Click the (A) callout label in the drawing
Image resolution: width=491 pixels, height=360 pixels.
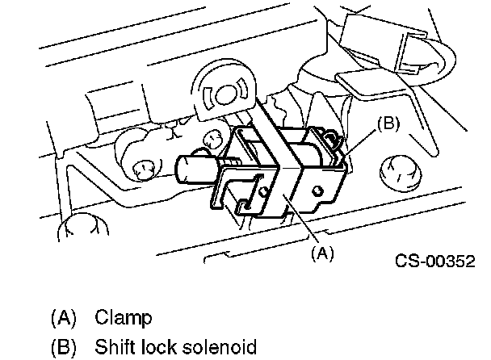(x=321, y=253)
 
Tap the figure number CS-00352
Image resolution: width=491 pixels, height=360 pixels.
(x=434, y=261)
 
